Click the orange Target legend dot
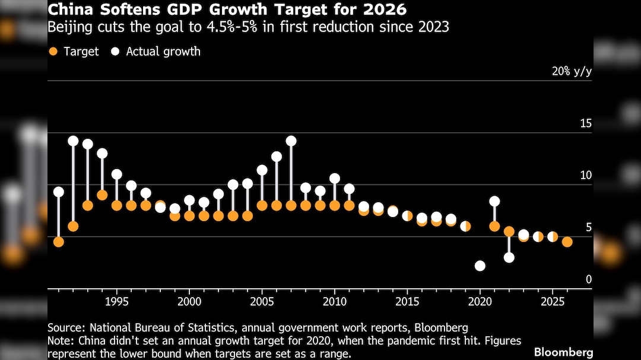53,52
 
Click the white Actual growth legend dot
115,52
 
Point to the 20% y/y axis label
572,72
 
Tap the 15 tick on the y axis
586,123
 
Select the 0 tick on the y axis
589,279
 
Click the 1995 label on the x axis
116,301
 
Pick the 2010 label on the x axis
334,301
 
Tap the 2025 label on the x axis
553,301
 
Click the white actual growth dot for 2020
480,266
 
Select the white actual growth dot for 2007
291,141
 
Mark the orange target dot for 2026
567,241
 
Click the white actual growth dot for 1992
73,141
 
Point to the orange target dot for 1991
58,241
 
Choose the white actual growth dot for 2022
509,257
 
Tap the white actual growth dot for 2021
494,202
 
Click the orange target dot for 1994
102,195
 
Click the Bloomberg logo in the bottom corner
563,352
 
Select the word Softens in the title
120,10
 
